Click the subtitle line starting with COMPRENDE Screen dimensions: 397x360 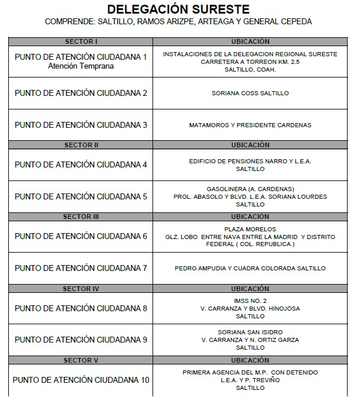[x=178, y=21]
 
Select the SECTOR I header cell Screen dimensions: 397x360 [x=80, y=41]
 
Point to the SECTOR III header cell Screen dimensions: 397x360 [x=80, y=217]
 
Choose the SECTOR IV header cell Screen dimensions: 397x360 [x=80, y=289]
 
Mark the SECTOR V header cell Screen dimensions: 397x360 [x=80, y=360]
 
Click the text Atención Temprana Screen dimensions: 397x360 [x=81, y=66]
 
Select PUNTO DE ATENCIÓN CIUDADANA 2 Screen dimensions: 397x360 [x=81, y=93]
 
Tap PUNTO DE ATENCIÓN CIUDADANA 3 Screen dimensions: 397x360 [x=81, y=125]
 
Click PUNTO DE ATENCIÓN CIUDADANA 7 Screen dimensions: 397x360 [x=81, y=268]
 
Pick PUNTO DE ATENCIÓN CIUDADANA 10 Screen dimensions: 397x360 [x=81, y=379]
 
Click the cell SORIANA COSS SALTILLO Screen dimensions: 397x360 [x=250, y=93]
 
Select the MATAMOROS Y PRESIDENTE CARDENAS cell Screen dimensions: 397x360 [x=250, y=125]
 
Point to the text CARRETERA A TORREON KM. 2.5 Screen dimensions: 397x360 [x=250, y=62]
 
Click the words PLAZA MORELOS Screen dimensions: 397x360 [x=250, y=229]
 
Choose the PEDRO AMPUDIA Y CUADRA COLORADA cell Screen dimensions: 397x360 [x=250, y=268]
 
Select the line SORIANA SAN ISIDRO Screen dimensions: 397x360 [x=250, y=332]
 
